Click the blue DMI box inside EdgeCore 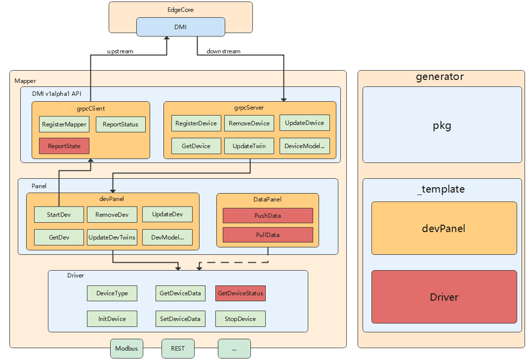coord(180,27)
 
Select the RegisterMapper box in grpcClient coord(64,124)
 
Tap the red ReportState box coord(64,146)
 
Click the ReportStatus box coord(121,124)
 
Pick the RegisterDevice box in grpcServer coord(196,123)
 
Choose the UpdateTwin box coord(249,146)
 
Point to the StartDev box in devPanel coord(59,215)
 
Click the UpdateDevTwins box coord(112,238)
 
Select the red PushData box coord(268,216)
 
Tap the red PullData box coord(268,235)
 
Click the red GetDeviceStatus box coord(241,293)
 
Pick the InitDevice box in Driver coord(112,319)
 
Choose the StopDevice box coord(241,319)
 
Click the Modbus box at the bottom coord(126,349)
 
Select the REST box coord(178,349)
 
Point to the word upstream coord(120,51)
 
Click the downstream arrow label coord(223,51)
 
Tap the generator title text coord(440,77)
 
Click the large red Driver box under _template coord(444,297)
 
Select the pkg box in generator coord(442,125)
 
